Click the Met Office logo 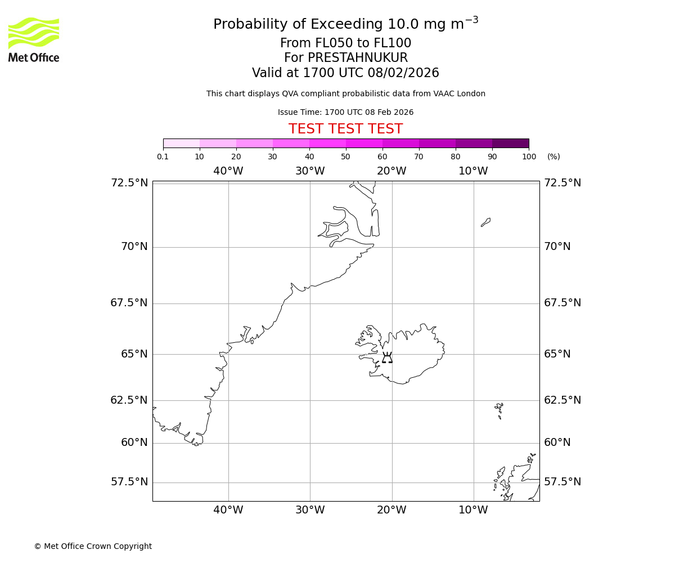click(34, 39)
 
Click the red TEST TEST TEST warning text click(345, 129)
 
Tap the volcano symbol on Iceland click(387, 358)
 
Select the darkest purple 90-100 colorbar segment click(510, 143)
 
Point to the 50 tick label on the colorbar click(345, 157)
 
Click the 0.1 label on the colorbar click(163, 157)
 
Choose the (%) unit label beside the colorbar click(553, 157)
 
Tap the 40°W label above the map click(228, 171)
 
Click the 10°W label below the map click(473, 510)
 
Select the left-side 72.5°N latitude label click(129, 183)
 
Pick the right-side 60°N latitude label click(557, 443)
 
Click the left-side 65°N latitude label click(134, 354)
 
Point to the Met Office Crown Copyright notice click(93, 546)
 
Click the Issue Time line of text click(345, 113)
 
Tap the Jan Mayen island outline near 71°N click(486, 222)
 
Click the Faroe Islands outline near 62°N click(499, 409)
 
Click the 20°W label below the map click(391, 510)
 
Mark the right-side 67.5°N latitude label click(562, 303)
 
